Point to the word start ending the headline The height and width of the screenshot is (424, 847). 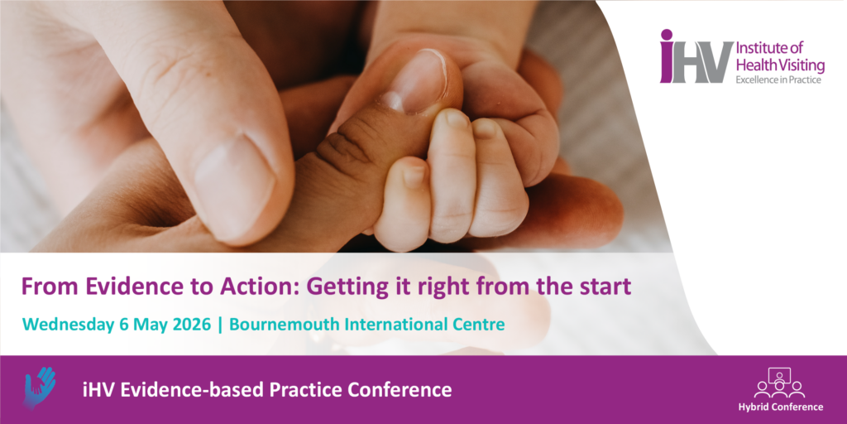[x=605, y=287]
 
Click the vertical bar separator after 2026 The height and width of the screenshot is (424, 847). [x=219, y=325]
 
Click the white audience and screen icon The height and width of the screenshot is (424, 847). [x=779, y=383]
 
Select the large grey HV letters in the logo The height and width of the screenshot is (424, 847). [x=702, y=62]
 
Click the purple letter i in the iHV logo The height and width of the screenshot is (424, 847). [x=667, y=56]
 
